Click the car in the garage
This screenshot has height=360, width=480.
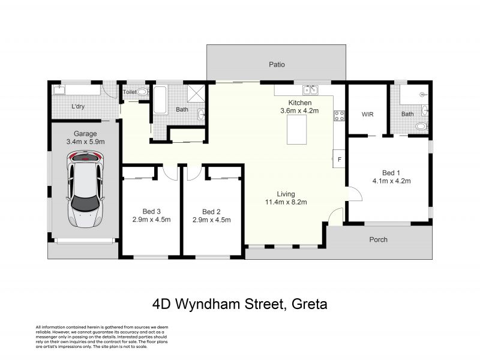(85, 189)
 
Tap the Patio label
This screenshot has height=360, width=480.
(277, 65)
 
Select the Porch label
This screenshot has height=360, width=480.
(379, 239)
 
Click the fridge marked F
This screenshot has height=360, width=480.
(339, 158)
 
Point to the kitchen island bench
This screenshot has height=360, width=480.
(296, 130)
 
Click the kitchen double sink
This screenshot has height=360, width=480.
(310, 90)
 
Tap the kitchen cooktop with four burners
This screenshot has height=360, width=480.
(339, 116)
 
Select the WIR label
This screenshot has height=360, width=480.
(367, 114)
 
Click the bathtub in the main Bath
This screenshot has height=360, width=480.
(160, 100)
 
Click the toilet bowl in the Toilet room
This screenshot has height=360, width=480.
(142, 92)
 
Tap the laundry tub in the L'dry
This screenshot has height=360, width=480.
(59, 90)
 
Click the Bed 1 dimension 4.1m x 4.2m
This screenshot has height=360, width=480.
(392, 181)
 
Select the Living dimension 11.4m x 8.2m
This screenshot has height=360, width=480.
(286, 202)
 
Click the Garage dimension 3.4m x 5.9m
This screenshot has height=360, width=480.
(85, 142)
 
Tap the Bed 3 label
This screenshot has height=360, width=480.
(152, 211)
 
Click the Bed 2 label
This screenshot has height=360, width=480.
(211, 212)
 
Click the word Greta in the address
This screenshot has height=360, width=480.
(310, 304)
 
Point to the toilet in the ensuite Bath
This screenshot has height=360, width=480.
(422, 126)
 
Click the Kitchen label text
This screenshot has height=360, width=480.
(300, 103)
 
